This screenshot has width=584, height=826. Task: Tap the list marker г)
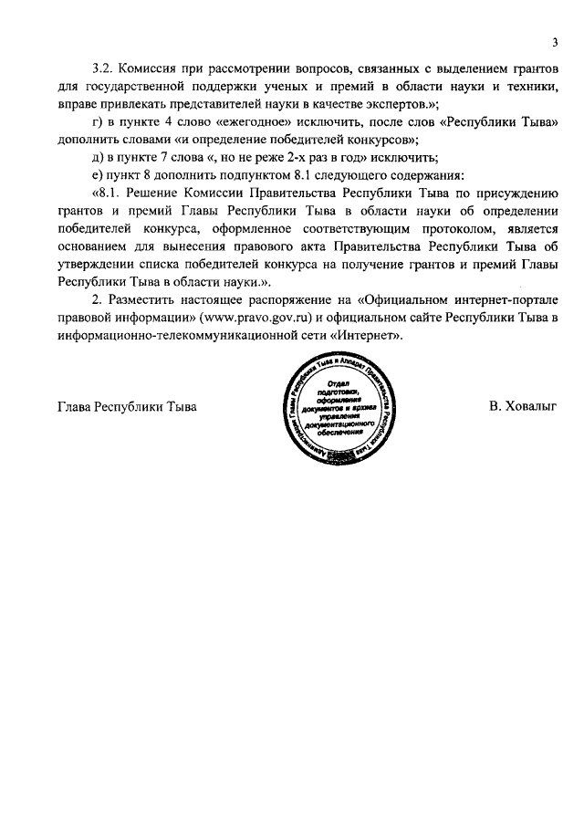point(98,122)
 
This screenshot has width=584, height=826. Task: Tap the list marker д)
point(99,157)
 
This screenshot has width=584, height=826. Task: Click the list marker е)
point(99,174)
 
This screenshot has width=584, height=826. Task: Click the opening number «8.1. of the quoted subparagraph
point(108,193)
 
